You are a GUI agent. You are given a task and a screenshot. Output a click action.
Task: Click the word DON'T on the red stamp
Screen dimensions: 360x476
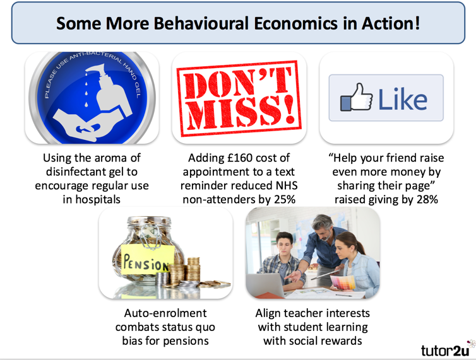239,80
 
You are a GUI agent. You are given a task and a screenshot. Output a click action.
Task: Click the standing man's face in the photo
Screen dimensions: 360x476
323,226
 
